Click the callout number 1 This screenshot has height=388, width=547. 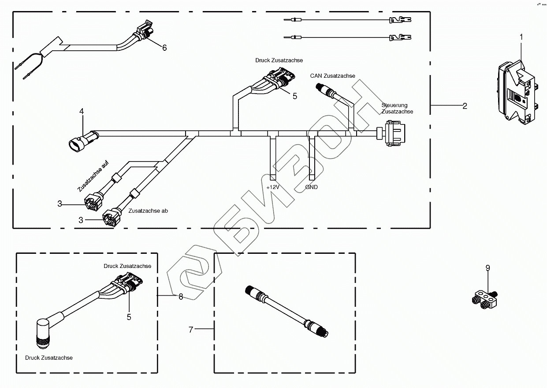tap(521, 37)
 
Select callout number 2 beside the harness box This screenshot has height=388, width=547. tap(465, 106)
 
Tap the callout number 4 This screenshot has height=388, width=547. tap(82, 112)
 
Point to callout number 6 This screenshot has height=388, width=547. tap(164, 48)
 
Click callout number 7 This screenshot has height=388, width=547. tap(191, 329)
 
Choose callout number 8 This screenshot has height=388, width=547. tap(181, 297)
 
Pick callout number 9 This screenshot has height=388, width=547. tap(487, 268)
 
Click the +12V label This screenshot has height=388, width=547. tap(273, 187)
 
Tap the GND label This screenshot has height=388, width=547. tap(311, 187)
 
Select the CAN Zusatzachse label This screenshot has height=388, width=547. tap(332, 76)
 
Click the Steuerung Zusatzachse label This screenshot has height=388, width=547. tap(397, 109)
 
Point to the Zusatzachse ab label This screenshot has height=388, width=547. tap(148, 211)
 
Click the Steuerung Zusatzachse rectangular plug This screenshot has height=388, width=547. tap(394, 132)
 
